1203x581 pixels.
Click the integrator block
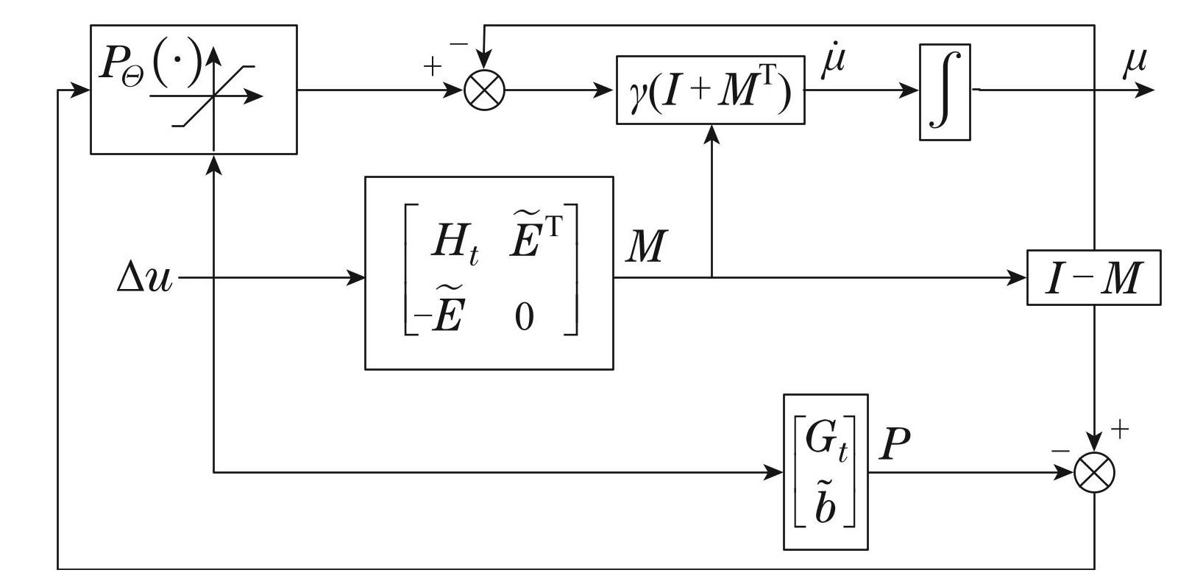pos(945,92)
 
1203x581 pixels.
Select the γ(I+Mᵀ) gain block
pos(710,90)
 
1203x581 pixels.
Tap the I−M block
pos(1093,277)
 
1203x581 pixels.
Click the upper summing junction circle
pos(485,91)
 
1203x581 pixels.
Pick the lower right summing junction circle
pos(1094,473)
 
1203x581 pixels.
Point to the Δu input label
pos(144,279)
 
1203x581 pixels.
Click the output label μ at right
pos(1135,64)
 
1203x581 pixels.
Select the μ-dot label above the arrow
pos(833,61)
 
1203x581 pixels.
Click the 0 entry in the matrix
pos(524,318)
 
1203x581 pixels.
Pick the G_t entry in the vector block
pos(826,440)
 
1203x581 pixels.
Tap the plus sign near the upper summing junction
pos(432,67)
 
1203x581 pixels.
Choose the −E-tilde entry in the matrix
pos(439,316)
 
